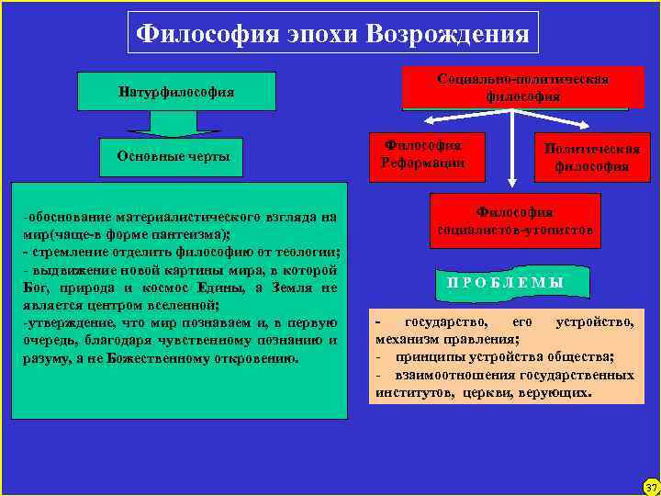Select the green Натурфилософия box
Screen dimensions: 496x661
(x=176, y=92)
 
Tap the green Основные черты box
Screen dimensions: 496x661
(x=174, y=156)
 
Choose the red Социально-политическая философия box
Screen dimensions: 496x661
(x=523, y=87)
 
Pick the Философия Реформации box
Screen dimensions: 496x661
(x=422, y=153)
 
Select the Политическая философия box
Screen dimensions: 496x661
(x=591, y=157)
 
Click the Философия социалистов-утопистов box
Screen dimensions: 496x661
(x=515, y=220)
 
